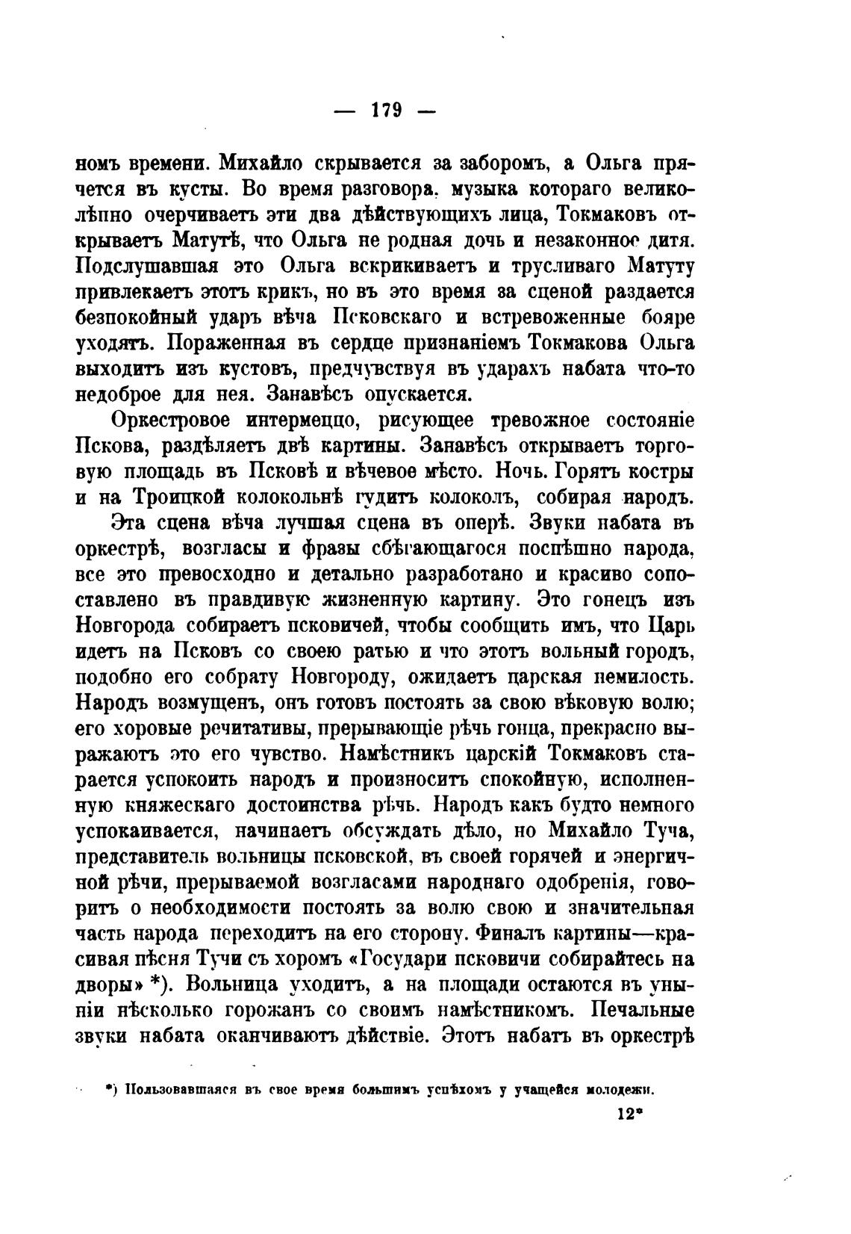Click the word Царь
670,625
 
